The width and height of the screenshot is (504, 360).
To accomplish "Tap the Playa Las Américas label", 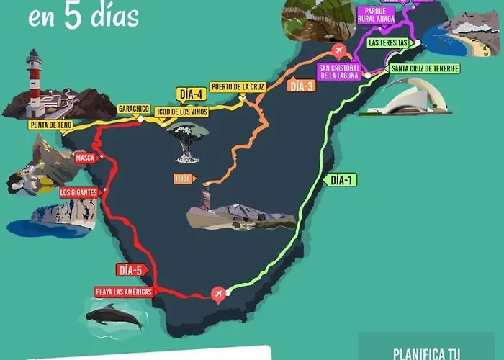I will point(123,292).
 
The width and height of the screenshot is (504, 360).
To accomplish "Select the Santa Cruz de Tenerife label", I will point(424,68).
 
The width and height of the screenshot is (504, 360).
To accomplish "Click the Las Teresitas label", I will point(388,42).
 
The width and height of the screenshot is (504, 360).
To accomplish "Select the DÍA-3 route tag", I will point(301,86).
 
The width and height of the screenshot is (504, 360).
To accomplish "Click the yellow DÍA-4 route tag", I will point(191,94).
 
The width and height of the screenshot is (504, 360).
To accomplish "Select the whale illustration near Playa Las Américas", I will point(114,315).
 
